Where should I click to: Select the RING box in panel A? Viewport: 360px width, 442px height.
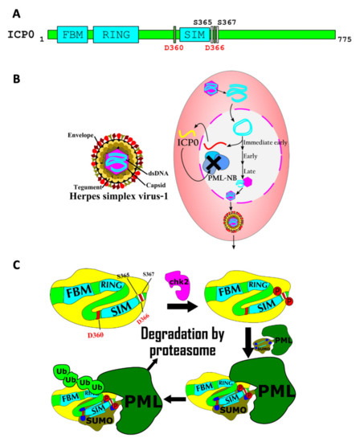116,35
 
